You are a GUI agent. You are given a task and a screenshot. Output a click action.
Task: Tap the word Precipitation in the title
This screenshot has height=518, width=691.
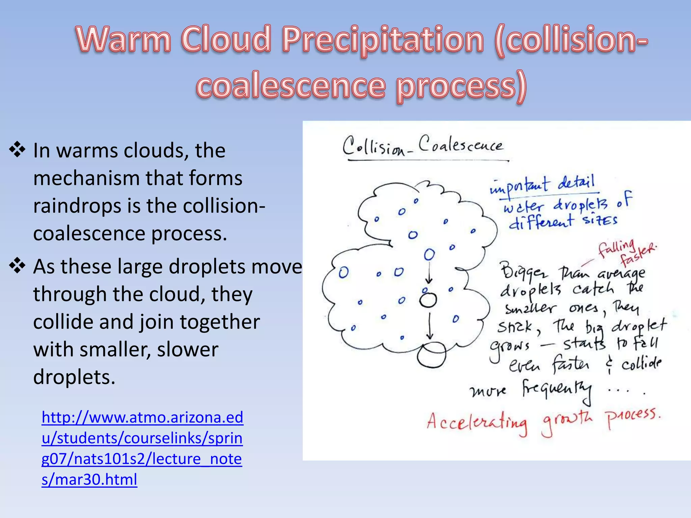click(x=383, y=40)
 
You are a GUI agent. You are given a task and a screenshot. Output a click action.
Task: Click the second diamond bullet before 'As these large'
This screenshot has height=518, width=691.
click(x=17, y=266)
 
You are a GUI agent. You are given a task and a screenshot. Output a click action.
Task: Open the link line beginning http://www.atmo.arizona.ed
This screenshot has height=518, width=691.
click(x=142, y=418)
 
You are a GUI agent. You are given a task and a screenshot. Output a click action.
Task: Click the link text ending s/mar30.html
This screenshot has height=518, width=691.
click(x=89, y=479)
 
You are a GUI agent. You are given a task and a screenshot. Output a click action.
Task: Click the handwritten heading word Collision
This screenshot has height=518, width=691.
click(x=375, y=147)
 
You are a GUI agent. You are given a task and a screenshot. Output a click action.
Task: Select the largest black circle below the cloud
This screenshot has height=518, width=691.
click(x=432, y=355)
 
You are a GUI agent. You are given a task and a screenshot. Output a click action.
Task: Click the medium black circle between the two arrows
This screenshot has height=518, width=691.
click(x=428, y=300)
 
